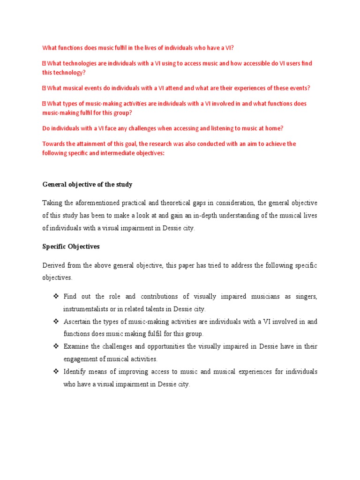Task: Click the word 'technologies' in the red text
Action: click(80, 63)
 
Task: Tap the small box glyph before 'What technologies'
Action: click(44, 63)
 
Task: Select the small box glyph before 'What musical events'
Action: click(44, 88)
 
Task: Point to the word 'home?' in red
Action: click(274, 128)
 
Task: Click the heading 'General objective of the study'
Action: click(87, 185)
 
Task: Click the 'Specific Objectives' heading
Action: click(71, 246)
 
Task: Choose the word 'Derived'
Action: click(54, 265)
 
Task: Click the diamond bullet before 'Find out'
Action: click(55, 296)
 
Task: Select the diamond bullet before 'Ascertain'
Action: click(55, 322)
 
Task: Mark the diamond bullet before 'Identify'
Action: click(55, 372)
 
